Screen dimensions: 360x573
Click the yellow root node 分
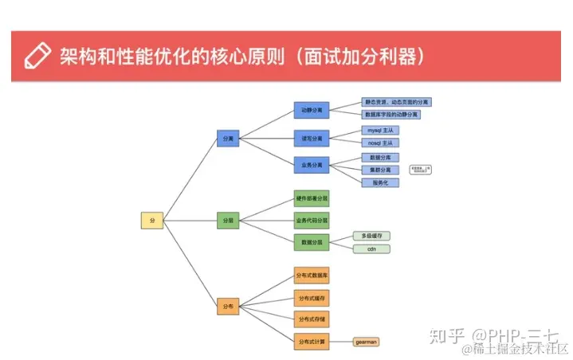151,221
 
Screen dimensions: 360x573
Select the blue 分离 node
228,139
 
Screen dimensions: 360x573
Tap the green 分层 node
228,221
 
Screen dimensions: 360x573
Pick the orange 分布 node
228,306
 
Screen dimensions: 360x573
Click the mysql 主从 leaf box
380,130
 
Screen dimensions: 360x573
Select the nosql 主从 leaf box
380,143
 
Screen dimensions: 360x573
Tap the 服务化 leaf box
380,182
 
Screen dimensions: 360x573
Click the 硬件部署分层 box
312,198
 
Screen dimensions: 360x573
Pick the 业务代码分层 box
312,219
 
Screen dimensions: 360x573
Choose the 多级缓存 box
371,236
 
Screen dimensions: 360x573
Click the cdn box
371,249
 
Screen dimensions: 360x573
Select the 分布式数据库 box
312,275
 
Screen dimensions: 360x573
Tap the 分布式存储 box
312,319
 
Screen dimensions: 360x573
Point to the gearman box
367,342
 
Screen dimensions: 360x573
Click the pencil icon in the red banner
37,55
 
